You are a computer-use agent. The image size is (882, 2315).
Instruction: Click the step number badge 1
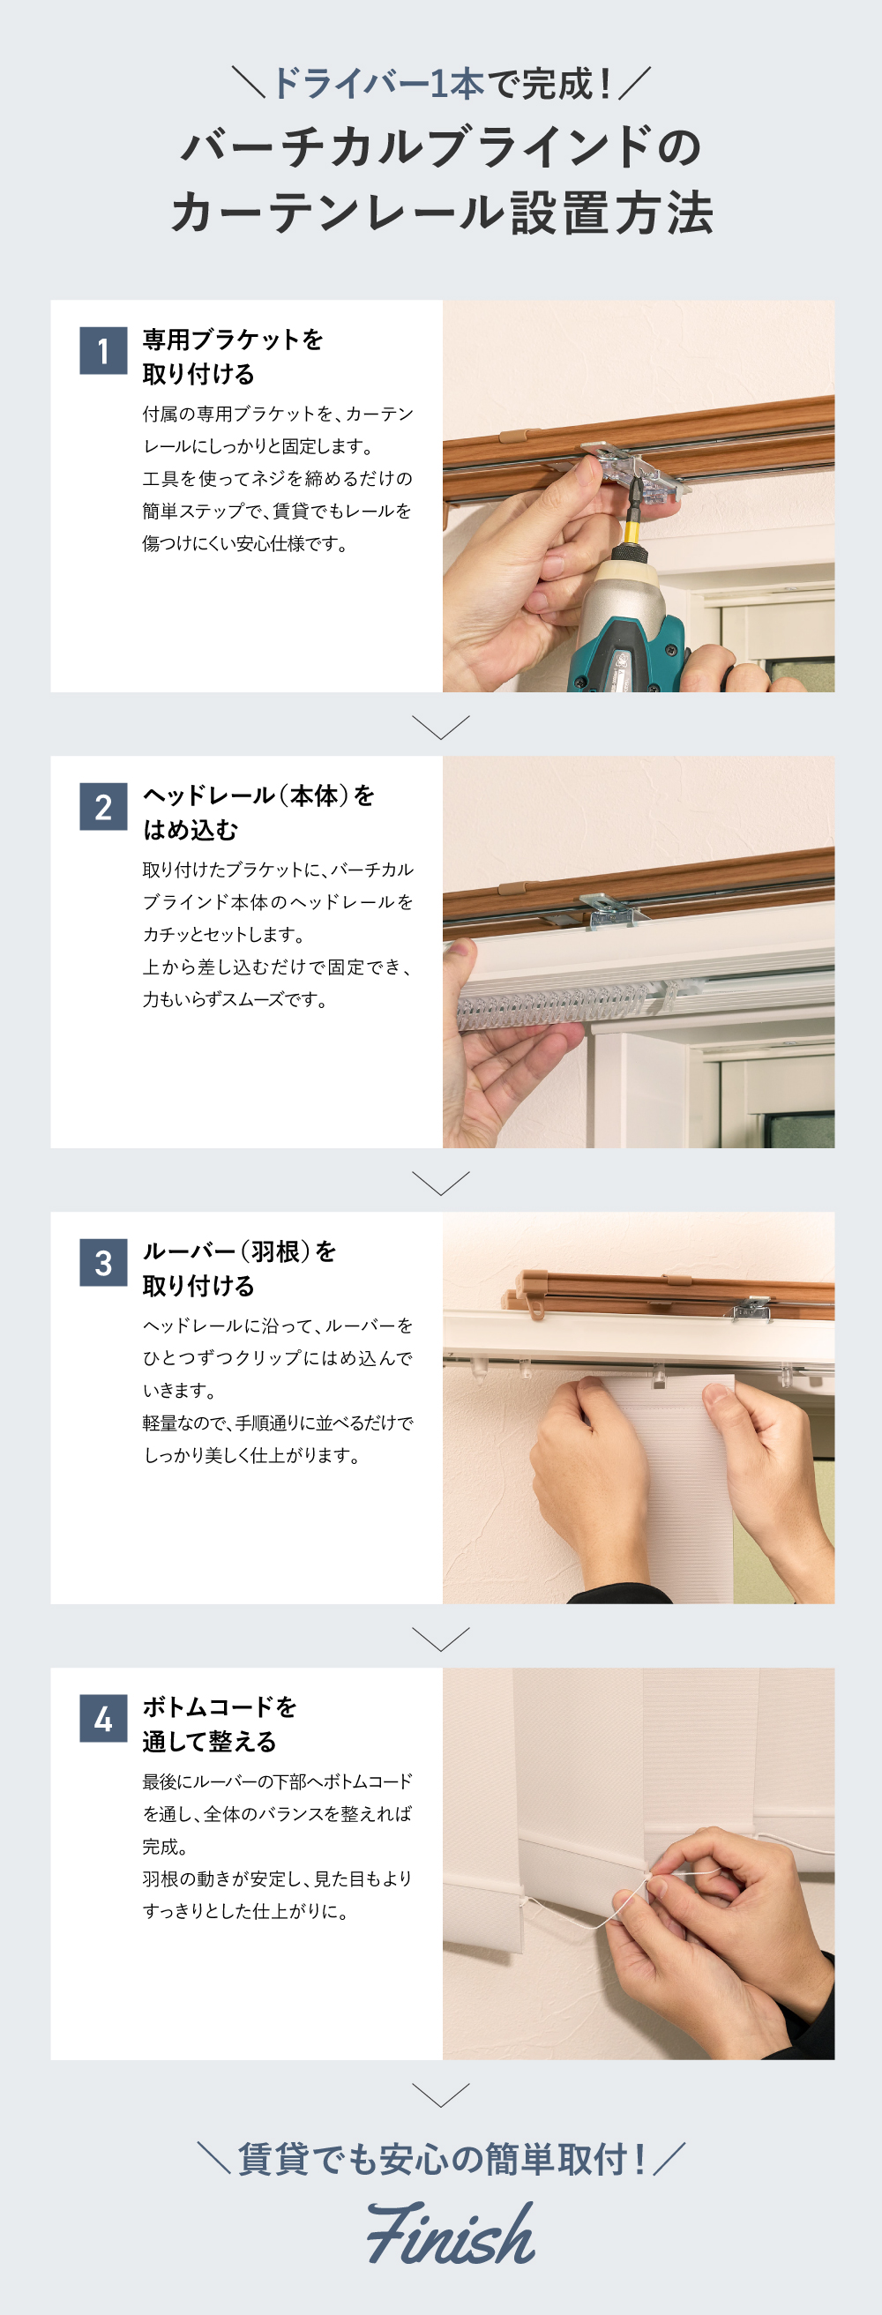pos(102,350)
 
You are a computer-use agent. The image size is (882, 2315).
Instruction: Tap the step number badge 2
pos(102,806)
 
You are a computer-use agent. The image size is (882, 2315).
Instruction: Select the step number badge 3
pos(102,1262)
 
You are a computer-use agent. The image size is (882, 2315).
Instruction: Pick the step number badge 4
pos(102,1718)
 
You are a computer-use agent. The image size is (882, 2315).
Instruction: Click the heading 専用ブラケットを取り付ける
pos(232,357)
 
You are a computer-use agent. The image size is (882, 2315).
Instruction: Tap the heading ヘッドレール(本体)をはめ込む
pos(258,812)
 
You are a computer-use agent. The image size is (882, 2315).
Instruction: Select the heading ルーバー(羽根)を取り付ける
pos(238,1268)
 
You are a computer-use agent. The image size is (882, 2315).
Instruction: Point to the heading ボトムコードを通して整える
pos(219,1723)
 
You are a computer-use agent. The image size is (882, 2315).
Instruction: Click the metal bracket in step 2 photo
pos(612,910)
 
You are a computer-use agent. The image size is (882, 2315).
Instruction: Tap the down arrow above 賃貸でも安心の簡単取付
pos(440,2095)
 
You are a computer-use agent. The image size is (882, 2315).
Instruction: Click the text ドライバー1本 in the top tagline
pos(377,84)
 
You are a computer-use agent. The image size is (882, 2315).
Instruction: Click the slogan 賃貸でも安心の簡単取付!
pos(440,2159)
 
